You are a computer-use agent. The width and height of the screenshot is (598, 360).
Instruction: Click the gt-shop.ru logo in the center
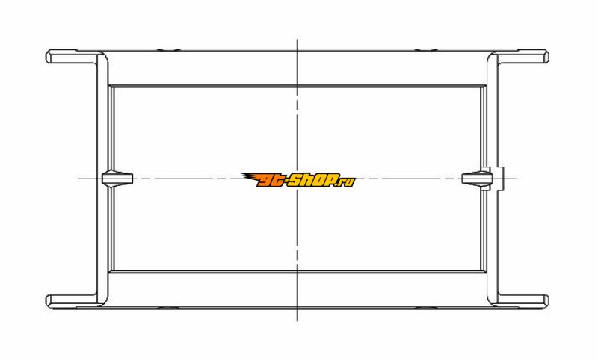[298, 180]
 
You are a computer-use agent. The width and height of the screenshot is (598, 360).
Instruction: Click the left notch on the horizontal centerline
[117, 179]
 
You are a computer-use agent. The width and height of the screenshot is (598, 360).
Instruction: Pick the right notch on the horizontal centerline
[477, 179]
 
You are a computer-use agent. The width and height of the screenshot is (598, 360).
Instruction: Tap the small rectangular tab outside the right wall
[501, 179]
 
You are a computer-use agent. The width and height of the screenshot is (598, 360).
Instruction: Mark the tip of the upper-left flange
[46, 56]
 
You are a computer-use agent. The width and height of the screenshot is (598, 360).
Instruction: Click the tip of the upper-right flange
[548, 56]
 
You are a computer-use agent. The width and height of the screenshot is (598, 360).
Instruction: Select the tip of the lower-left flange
[46, 300]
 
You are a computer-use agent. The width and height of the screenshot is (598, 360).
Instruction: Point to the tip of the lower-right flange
[548, 300]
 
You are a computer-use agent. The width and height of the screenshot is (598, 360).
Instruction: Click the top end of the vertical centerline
[298, 39]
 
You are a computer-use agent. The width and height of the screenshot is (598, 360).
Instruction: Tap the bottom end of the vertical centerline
[298, 320]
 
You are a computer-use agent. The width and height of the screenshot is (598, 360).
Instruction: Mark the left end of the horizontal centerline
[79, 179]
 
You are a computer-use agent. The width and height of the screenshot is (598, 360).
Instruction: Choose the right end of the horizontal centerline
[517, 179]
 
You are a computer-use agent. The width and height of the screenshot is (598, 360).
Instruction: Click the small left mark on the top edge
[169, 49]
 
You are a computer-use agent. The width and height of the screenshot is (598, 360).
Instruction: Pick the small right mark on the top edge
[426, 49]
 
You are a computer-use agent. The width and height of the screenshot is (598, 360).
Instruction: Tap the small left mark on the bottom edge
[169, 308]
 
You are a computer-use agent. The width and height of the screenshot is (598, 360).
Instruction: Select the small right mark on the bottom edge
[426, 308]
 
